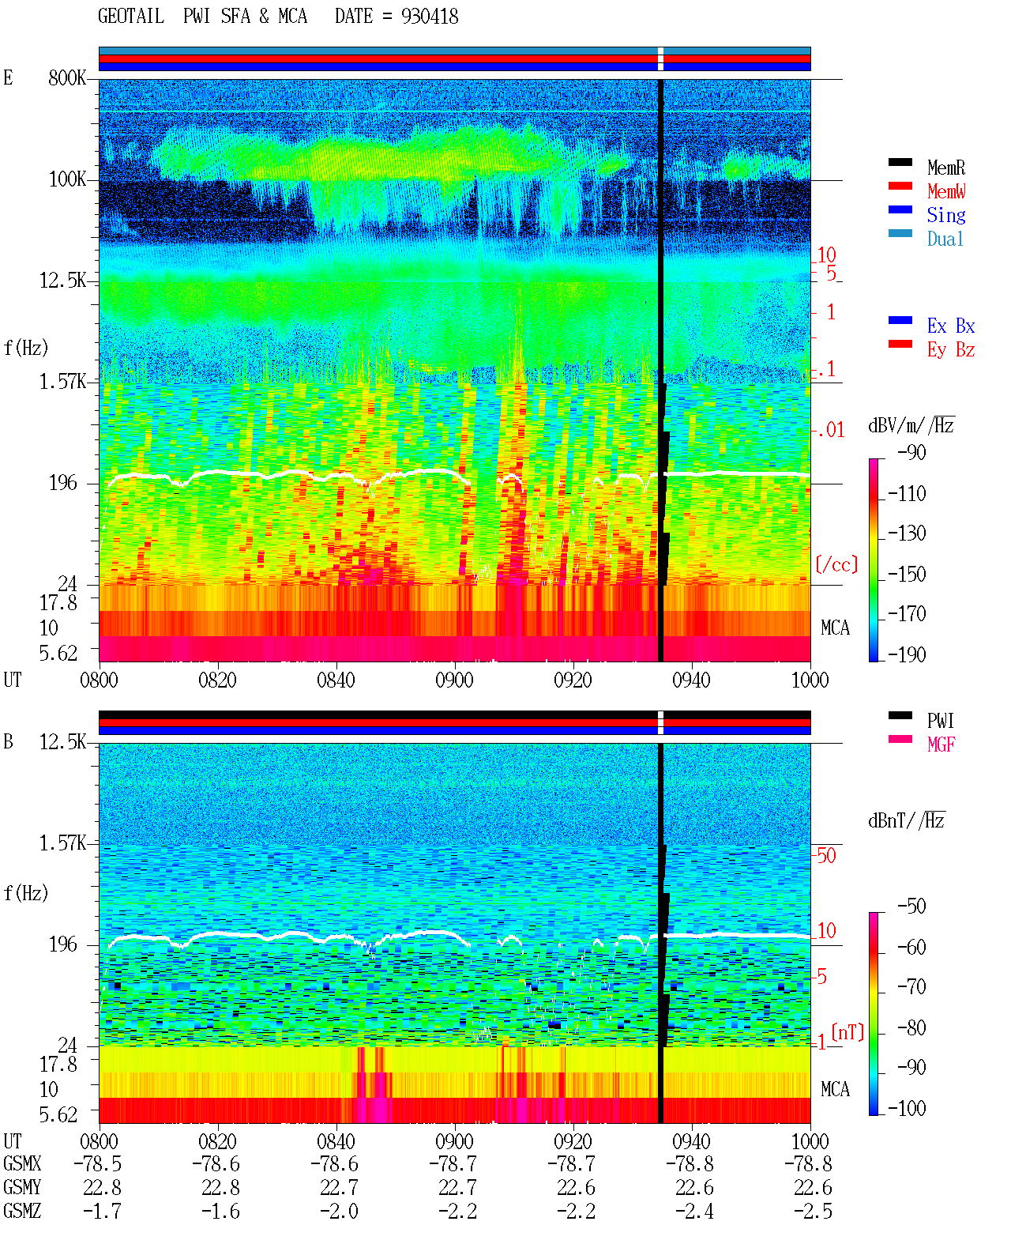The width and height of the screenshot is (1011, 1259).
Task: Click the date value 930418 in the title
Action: coord(429,17)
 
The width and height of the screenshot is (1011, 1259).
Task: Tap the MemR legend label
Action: coord(945,168)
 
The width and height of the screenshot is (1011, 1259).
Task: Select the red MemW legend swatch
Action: coord(900,186)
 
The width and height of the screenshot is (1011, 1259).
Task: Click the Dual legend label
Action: coord(945,239)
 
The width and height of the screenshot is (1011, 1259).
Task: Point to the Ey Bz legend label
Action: coord(950,350)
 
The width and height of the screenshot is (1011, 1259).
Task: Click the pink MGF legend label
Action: coord(941,744)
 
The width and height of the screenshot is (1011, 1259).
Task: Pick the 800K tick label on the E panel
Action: coord(67,77)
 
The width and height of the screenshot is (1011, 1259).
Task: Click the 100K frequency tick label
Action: coord(67,179)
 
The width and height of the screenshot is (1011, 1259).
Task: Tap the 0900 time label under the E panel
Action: coord(454,680)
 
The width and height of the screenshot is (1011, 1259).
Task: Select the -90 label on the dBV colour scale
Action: coord(911,452)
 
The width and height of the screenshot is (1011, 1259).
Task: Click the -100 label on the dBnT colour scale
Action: coord(907,1109)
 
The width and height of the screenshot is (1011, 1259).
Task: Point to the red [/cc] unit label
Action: coord(836,564)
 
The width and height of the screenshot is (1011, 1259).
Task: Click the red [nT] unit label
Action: coord(848,1032)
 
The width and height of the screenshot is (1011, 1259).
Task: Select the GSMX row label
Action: coord(22,1163)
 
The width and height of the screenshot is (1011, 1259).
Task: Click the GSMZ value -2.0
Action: coord(339,1211)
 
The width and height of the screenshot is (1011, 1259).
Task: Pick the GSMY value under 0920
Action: coord(575,1188)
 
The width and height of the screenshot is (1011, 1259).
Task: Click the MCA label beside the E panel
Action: coord(835,628)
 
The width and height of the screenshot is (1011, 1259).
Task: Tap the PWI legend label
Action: coord(941,721)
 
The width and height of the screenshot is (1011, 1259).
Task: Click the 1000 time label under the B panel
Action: coord(810,1141)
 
